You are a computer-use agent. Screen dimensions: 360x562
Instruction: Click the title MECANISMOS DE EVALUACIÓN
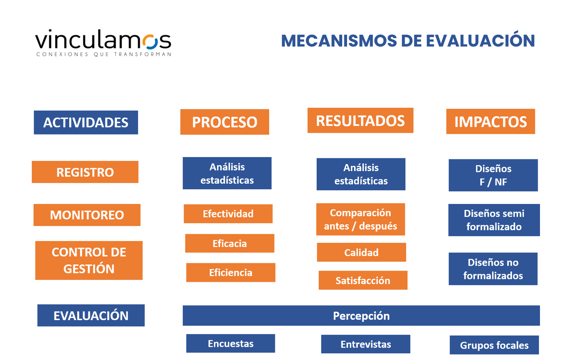(407, 40)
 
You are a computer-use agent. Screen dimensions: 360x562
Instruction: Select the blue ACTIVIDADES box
(86, 122)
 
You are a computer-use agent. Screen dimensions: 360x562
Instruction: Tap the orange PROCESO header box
(224, 122)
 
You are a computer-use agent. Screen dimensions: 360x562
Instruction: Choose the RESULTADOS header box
(360, 120)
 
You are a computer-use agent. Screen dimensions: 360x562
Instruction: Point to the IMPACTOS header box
(490, 121)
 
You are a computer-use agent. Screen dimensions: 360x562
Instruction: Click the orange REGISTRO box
(85, 172)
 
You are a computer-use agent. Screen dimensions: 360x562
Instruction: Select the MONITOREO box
(87, 215)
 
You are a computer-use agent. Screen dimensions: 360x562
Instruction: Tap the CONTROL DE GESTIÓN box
(89, 260)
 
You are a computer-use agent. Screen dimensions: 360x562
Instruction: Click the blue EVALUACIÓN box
(91, 315)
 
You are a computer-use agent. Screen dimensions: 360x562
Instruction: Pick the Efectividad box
(228, 214)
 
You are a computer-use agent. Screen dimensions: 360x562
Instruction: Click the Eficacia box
(229, 243)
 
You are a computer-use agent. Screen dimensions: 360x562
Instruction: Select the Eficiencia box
(230, 272)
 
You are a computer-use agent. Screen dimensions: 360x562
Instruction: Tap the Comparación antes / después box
(360, 219)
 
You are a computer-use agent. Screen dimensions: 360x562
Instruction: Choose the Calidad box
(361, 252)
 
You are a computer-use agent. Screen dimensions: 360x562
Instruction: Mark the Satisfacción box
(363, 280)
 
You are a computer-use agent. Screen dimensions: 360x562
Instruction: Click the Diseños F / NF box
(493, 175)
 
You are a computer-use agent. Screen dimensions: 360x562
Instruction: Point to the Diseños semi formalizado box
(494, 220)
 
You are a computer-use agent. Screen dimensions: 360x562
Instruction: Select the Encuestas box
(230, 343)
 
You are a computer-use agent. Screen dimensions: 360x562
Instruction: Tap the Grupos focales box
(494, 345)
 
